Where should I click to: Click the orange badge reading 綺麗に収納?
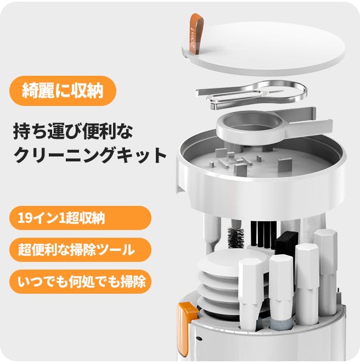63,91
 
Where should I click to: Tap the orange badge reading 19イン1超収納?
80,218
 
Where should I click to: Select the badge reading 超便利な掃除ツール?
80,250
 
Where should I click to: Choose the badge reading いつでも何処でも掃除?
80,282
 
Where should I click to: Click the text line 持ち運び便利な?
73,131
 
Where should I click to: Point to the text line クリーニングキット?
90,155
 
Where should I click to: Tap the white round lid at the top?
263,48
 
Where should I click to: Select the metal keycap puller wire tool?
252,94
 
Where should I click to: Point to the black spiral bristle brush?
236,237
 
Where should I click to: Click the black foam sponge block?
286,244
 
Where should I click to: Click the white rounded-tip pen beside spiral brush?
212,233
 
